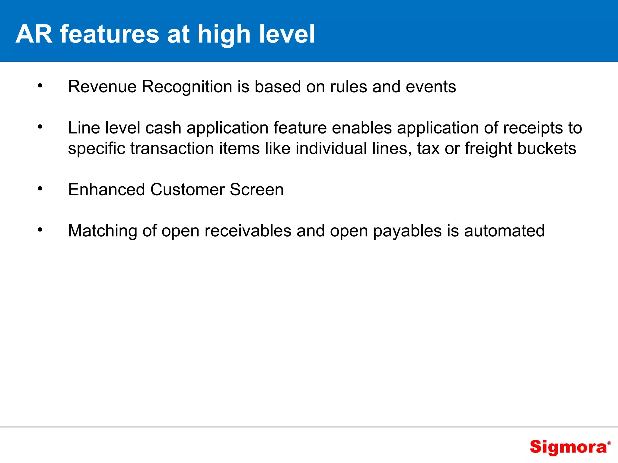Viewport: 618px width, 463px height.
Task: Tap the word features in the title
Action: (x=109, y=34)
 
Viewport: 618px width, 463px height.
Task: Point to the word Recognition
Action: (x=187, y=87)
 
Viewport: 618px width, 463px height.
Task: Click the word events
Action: (x=431, y=87)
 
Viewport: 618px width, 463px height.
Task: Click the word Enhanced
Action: (x=107, y=190)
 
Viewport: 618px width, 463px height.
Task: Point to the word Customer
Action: (x=187, y=190)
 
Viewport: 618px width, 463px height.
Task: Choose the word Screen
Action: (x=256, y=190)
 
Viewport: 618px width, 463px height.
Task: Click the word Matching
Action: (x=103, y=231)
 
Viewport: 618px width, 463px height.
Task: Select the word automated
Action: (x=504, y=231)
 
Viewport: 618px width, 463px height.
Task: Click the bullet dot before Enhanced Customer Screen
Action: (x=40, y=189)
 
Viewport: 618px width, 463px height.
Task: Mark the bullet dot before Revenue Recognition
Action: (x=40, y=86)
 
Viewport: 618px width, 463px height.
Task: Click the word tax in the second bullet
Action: (x=428, y=149)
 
